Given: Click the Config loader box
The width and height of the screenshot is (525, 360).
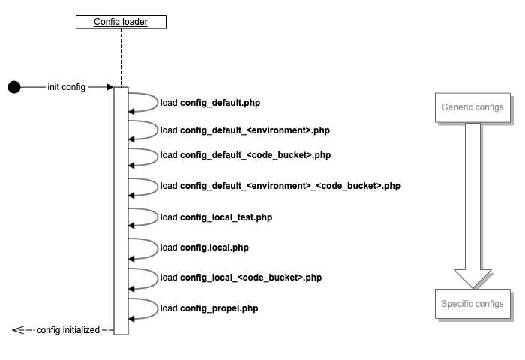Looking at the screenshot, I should click(x=121, y=22).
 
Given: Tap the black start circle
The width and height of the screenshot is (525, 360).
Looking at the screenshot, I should click(x=14, y=87).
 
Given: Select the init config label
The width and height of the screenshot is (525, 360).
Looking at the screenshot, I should click(x=67, y=87).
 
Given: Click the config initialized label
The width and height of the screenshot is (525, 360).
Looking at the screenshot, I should click(x=68, y=330).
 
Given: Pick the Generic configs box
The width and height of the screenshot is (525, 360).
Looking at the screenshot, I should click(x=472, y=107).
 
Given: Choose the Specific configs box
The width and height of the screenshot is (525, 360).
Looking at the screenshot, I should click(x=472, y=304).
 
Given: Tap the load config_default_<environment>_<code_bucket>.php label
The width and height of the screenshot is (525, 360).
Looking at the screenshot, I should click(x=280, y=186).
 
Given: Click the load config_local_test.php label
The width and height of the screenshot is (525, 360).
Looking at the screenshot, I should click(x=216, y=217).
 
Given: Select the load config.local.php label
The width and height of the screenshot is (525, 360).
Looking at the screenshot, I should click(x=204, y=247).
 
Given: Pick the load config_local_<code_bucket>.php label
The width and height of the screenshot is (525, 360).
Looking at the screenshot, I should click(x=241, y=277).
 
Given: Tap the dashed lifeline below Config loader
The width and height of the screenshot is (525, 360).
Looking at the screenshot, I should click(x=121, y=57).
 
